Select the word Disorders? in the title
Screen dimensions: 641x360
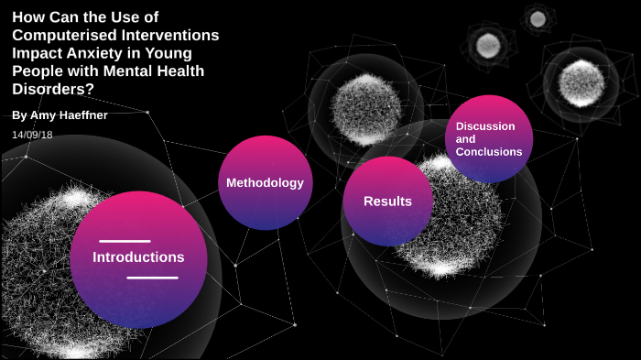pyautogui.click(x=53, y=89)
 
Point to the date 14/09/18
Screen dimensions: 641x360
pyautogui.click(x=32, y=135)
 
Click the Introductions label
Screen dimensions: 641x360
pyautogui.click(x=138, y=257)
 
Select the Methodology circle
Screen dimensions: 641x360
pyautogui.click(x=265, y=183)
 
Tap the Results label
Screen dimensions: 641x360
pyautogui.click(x=387, y=202)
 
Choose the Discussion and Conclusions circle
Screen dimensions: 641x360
pyautogui.click(x=489, y=138)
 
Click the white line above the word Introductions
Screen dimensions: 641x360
pyautogui.click(x=125, y=241)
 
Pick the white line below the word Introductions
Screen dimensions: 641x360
pyautogui.click(x=152, y=277)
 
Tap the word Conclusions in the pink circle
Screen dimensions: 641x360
pyautogui.click(x=489, y=152)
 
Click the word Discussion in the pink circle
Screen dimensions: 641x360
pyautogui.click(x=485, y=126)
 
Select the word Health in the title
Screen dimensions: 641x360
pyautogui.click(x=179, y=71)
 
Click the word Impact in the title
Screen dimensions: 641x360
pyautogui.click(x=34, y=53)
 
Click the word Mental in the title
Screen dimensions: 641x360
pyautogui.click(x=127, y=71)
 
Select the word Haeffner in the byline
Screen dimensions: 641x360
pyautogui.click(x=88, y=115)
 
